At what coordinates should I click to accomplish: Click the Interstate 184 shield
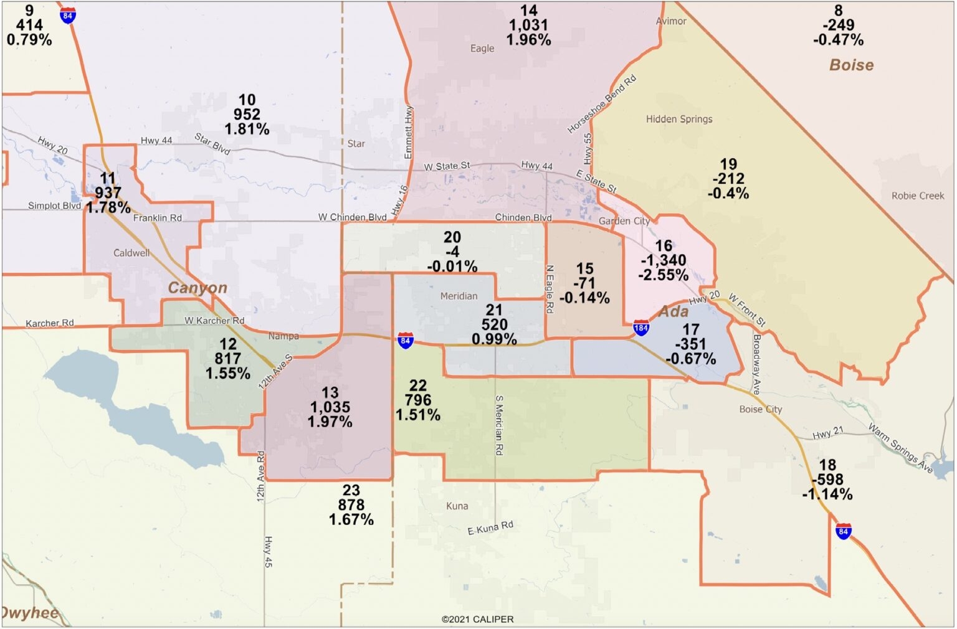(x=640, y=328)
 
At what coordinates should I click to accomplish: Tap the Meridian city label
(x=459, y=296)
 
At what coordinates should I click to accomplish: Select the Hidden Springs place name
(x=678, y=119)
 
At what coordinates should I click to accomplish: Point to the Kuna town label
(x=457, y=506)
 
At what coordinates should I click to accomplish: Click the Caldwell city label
(x=131, y=253)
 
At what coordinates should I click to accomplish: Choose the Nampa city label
(x=283, y=336)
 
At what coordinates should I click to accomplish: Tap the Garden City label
(x=624, y=221)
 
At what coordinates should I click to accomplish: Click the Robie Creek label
(x=917, y=196)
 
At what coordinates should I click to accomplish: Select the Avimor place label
(x=671, y=21)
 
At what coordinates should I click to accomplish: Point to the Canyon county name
(x=198, y=288)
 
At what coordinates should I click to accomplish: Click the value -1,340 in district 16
(x=663, y=260)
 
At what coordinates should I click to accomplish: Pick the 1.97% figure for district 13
(x=330, y=422)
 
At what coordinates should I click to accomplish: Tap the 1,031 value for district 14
(x=528, y=26)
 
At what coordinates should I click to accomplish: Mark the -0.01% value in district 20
(x=452, y=267)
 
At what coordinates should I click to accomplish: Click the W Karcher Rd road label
(x=214, y=321)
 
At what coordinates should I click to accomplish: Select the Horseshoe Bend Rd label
(x=601, y=104)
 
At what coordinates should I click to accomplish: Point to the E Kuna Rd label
(x=490, y=527)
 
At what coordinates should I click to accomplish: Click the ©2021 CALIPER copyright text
(x=477, y=619)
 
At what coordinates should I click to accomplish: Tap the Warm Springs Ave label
(x=900, y=447)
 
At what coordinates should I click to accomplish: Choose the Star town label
(x=356, y=144)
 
